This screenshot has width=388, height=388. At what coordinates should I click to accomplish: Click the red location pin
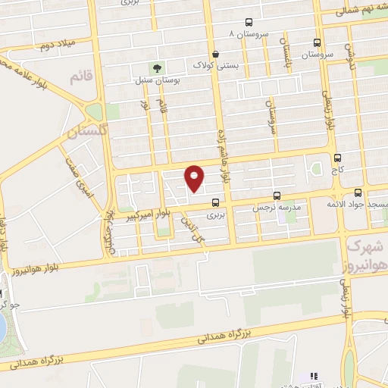click(x=195, y=177)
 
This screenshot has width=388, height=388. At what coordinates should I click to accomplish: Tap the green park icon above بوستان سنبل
click(x=157, y=68)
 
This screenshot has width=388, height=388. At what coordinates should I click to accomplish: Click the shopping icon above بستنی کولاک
click(x=217, y=54)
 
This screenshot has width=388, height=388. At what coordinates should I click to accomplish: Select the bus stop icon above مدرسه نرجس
click(x=277, y=195)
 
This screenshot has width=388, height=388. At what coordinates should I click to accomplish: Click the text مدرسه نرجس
click(x=277, y=206)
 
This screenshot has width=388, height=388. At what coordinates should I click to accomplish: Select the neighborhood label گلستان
click(x=83, y=133)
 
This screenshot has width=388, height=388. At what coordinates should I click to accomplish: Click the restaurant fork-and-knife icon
click(x=314, y=375)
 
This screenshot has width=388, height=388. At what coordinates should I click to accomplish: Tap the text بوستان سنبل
click(x=155, y=80)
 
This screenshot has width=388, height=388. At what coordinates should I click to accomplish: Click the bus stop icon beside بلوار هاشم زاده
click(x=217, y=202)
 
